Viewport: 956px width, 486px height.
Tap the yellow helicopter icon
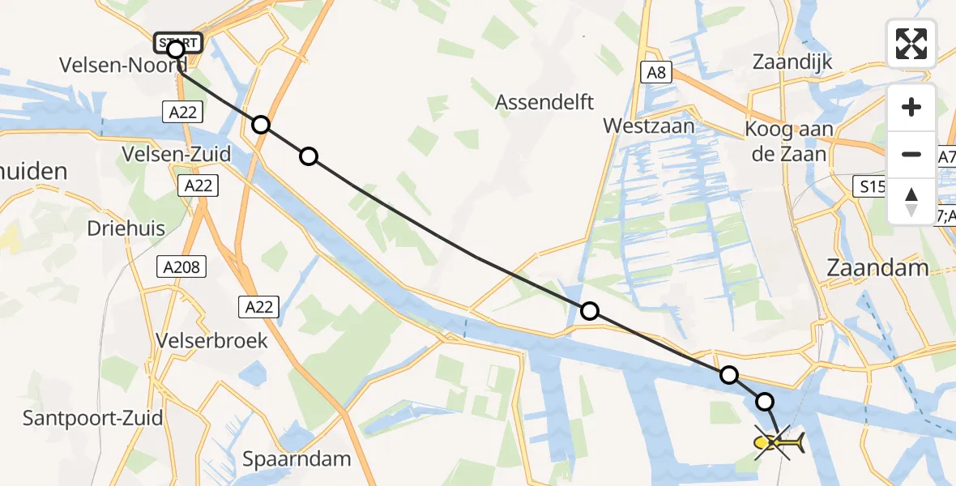(778, 442)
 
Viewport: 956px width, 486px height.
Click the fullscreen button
(911, 44)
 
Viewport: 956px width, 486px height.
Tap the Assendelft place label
(544, 102)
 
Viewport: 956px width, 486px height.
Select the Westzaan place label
(649, 126)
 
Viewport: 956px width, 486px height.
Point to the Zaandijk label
(792, 62)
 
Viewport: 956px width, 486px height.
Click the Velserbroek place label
(212, 341)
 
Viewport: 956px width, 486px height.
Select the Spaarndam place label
(297, 459)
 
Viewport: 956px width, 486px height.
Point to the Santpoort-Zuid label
(92, 419)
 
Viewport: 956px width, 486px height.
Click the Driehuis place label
(126, 228)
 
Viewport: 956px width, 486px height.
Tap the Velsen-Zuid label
(175, 154)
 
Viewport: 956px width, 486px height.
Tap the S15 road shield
(873, 187)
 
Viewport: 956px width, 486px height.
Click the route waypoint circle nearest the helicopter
(765, 401)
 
